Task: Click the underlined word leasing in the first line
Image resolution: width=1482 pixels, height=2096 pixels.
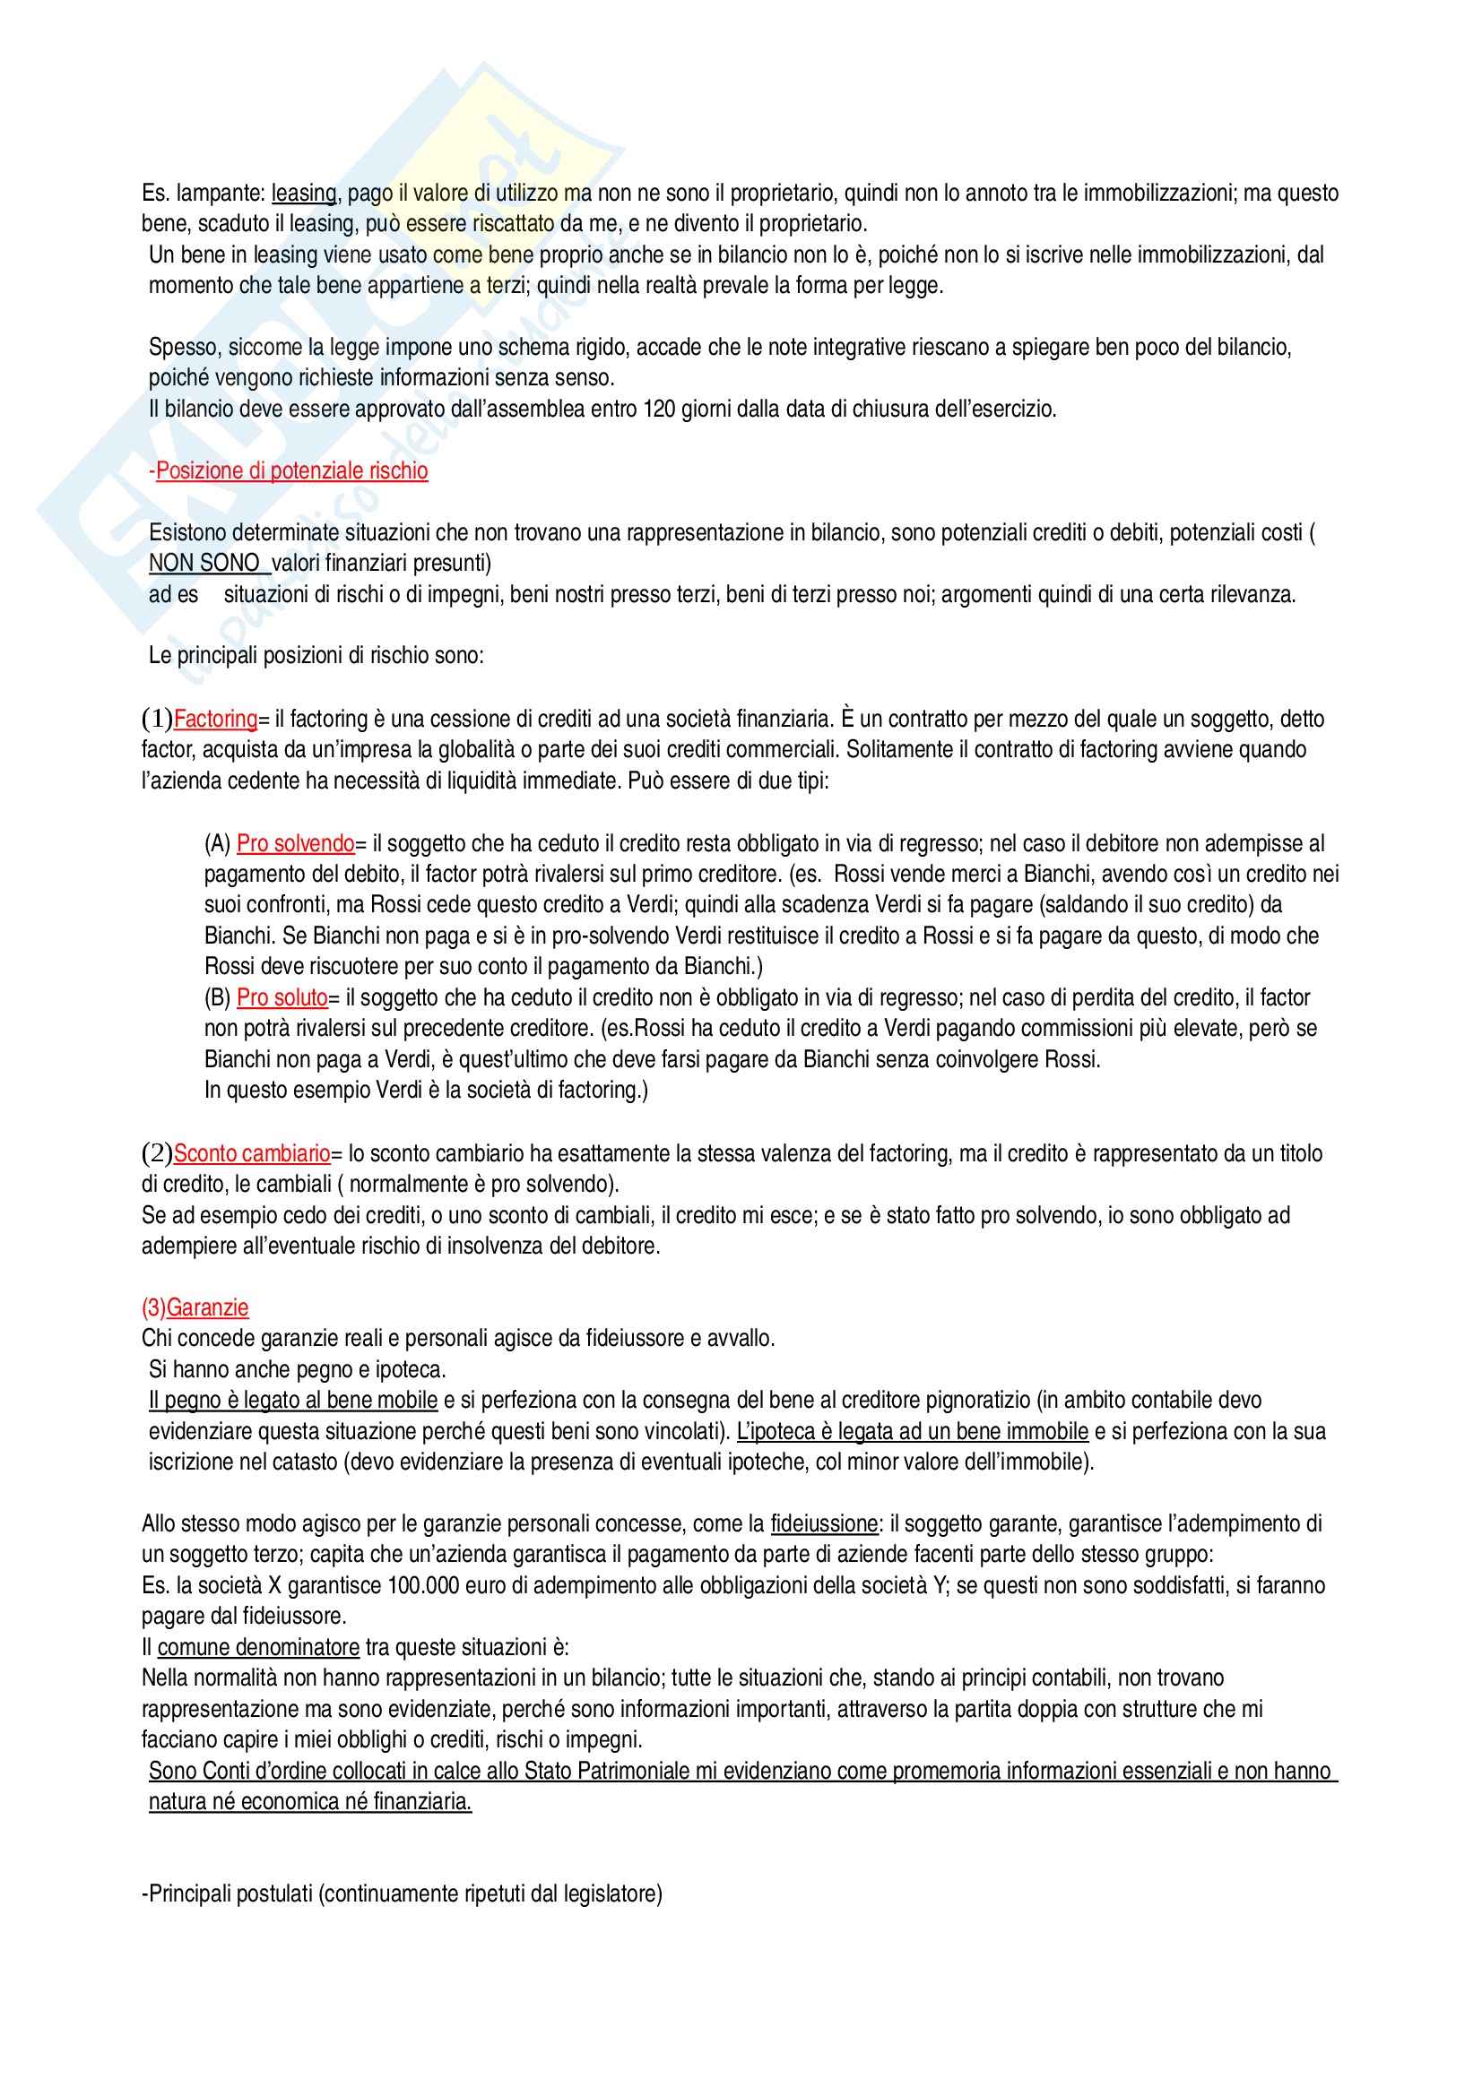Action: pyautogui.click(x=304, y=193)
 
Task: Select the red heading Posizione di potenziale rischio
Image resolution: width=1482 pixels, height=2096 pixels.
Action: pyautogui.click(x=290, y=470)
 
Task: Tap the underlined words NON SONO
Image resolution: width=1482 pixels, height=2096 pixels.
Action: pyautogui.click(x=204, y=564)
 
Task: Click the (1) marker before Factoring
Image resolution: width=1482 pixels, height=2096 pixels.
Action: pyautogui.click(x=157, y=720)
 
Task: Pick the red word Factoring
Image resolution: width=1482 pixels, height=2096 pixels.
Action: pyautogui.click(x=215, y=720)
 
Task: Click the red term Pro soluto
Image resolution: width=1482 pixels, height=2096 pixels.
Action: pyautogui.click(x=282, y=997)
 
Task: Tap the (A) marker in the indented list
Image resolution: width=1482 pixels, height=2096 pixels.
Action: pyautogui.click(x=217, y=842)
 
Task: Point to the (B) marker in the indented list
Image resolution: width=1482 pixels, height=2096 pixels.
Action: pyautogui.click(x=217, y=997)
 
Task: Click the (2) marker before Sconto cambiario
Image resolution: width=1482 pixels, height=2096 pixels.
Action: pyautogui.click(x=157, y=1154)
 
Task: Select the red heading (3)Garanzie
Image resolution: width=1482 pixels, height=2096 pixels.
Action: pyautogui.click(x=195, y=1307)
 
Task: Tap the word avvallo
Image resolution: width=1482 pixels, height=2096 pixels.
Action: pyautogui.click(x=740, y=1338)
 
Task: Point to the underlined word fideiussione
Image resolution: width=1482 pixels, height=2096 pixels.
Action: pyautogui.click(x=825, y=1523)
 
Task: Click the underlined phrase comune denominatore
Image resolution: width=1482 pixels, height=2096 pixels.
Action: pyautogui.click(x=258, y=1648)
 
